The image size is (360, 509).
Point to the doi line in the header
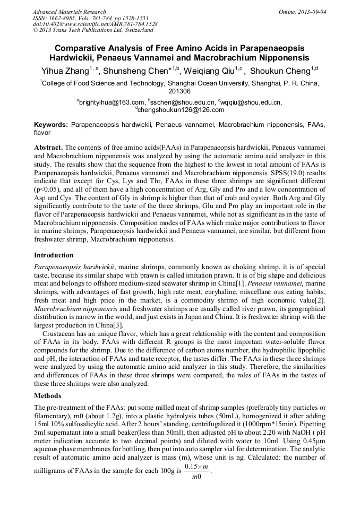click(95, 24)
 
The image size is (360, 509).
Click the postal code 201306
click(179, 91)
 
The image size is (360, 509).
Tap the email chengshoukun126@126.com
click(181, 110)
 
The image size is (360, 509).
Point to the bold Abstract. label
click(49, 146)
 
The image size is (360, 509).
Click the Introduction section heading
click(54, 255)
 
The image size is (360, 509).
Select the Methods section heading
click(48, 395)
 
